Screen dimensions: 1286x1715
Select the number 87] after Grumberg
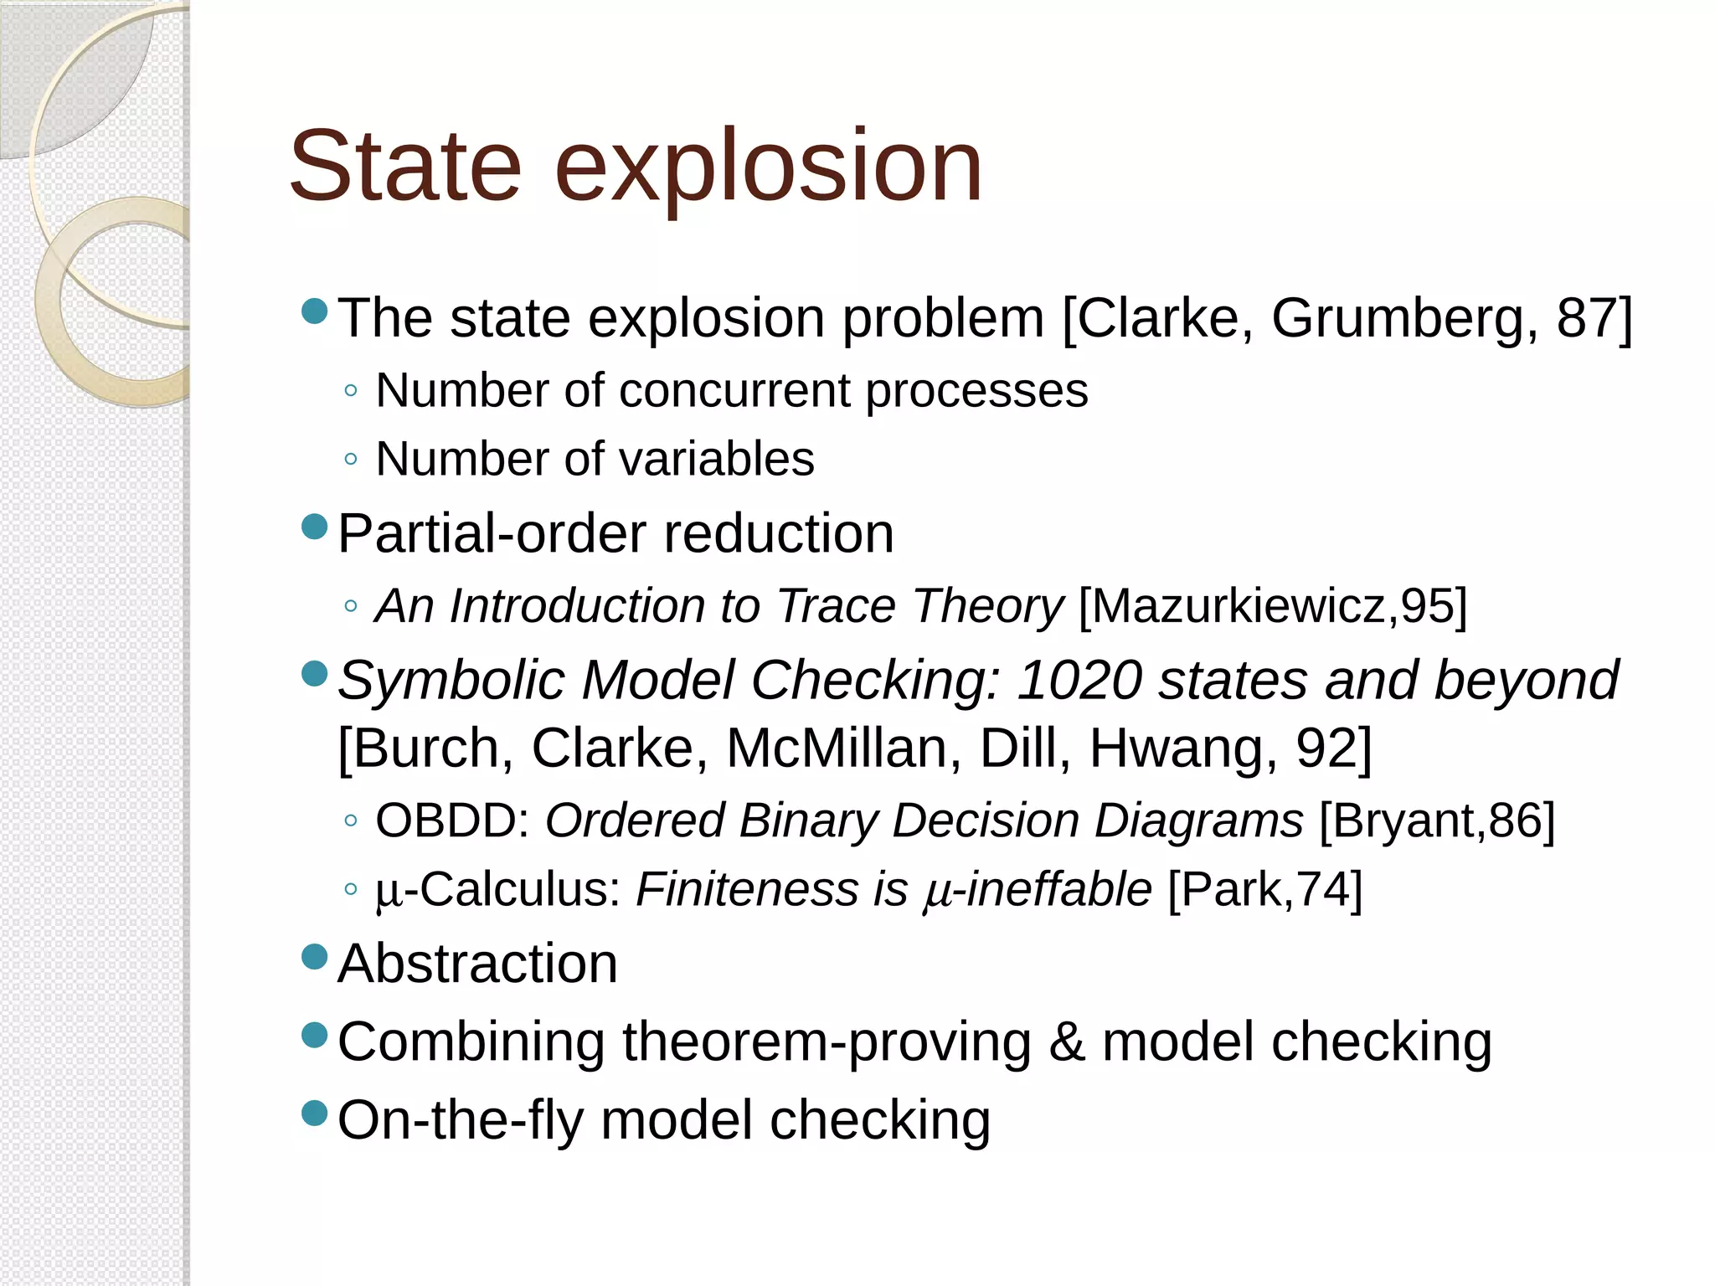[1594, 319]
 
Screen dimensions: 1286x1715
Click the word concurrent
[734, 391]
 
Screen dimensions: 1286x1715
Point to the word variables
[716, 460]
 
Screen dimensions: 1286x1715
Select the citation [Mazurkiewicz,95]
[1273, 606]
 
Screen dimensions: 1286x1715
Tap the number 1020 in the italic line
[1079, 680]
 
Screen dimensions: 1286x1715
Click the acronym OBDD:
[452, 820]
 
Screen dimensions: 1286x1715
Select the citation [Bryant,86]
[1437, 820]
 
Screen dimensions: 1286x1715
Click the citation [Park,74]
[1264, 889]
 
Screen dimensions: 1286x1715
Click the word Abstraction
[477, 964]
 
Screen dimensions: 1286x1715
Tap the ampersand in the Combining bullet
[1067, 1042]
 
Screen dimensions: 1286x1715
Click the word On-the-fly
[461, 1120]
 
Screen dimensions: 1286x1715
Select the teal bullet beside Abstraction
[314, 956]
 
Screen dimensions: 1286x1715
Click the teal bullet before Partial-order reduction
[314, 527]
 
